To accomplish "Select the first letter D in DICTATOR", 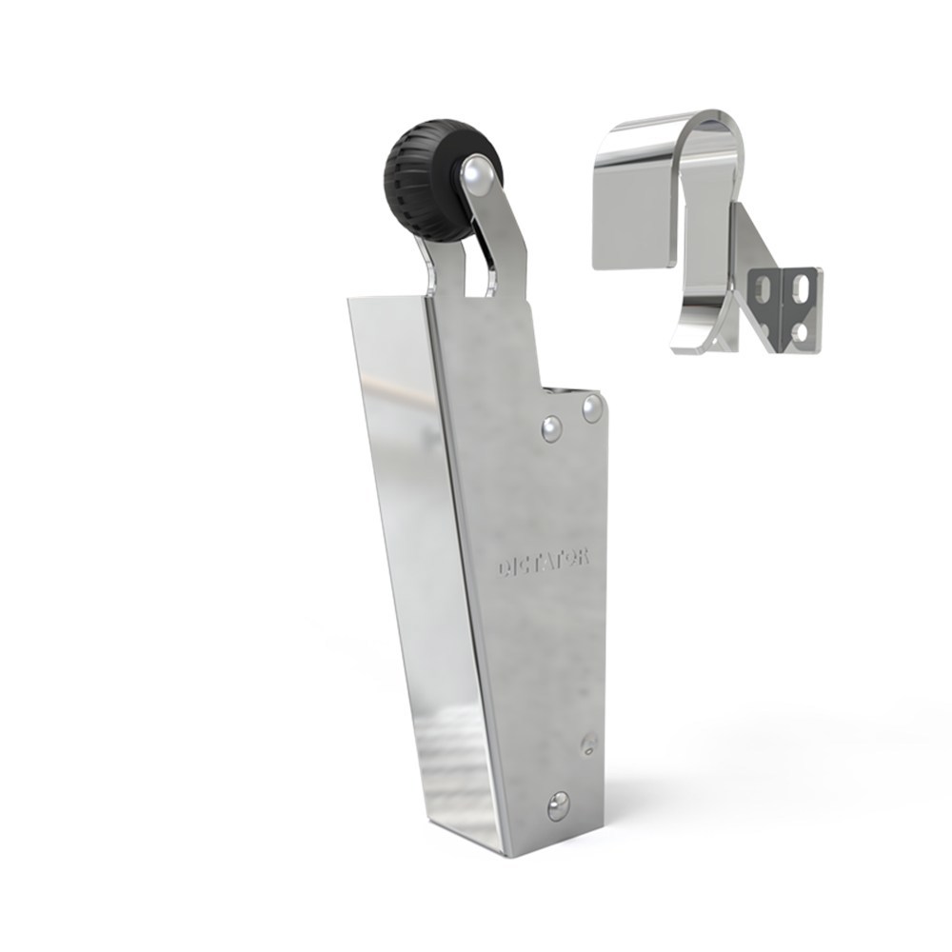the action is [503, 569].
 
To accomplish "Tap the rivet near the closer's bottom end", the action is [558, 805].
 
